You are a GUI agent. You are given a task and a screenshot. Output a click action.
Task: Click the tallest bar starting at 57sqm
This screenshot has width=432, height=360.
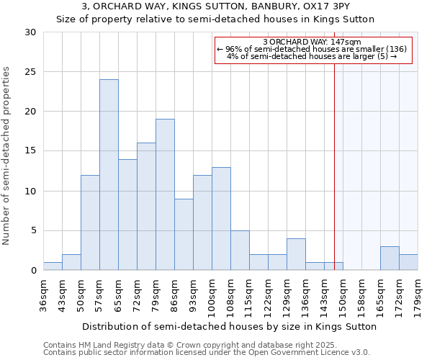pyautogui.click(x=109, y=175)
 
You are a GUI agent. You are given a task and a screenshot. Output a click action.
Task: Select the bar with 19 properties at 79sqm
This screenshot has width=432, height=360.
pyautogui.click(x=165, y=194)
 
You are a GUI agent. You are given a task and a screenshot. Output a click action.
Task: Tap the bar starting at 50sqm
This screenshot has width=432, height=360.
pyautogui.click(x=90, y=222)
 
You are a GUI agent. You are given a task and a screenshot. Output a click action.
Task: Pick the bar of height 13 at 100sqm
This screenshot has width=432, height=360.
pyautogui.click(x=221, y=219)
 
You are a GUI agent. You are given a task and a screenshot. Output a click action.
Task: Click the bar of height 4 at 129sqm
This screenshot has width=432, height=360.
pyautogui.click(x=296, y=254)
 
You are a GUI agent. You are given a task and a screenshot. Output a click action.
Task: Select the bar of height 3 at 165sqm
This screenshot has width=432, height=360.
pyautogui.click(x=390, y=258)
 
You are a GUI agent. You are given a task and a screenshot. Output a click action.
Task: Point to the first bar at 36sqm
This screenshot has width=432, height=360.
pyautogui.click(x=53, y=266)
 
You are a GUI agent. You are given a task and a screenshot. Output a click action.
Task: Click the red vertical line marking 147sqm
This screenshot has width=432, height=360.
pyautogui.click(x=334, y=158)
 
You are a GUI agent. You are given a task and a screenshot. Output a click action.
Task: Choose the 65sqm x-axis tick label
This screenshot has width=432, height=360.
pyautogui.click(x=118, y=292)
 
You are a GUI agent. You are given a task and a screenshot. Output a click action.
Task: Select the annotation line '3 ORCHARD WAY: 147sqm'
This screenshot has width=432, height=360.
pyautogui.click(x=312, y=42)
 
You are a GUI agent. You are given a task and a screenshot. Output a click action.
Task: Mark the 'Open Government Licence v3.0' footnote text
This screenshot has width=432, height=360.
pyautogui.click(x=310, y=352)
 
